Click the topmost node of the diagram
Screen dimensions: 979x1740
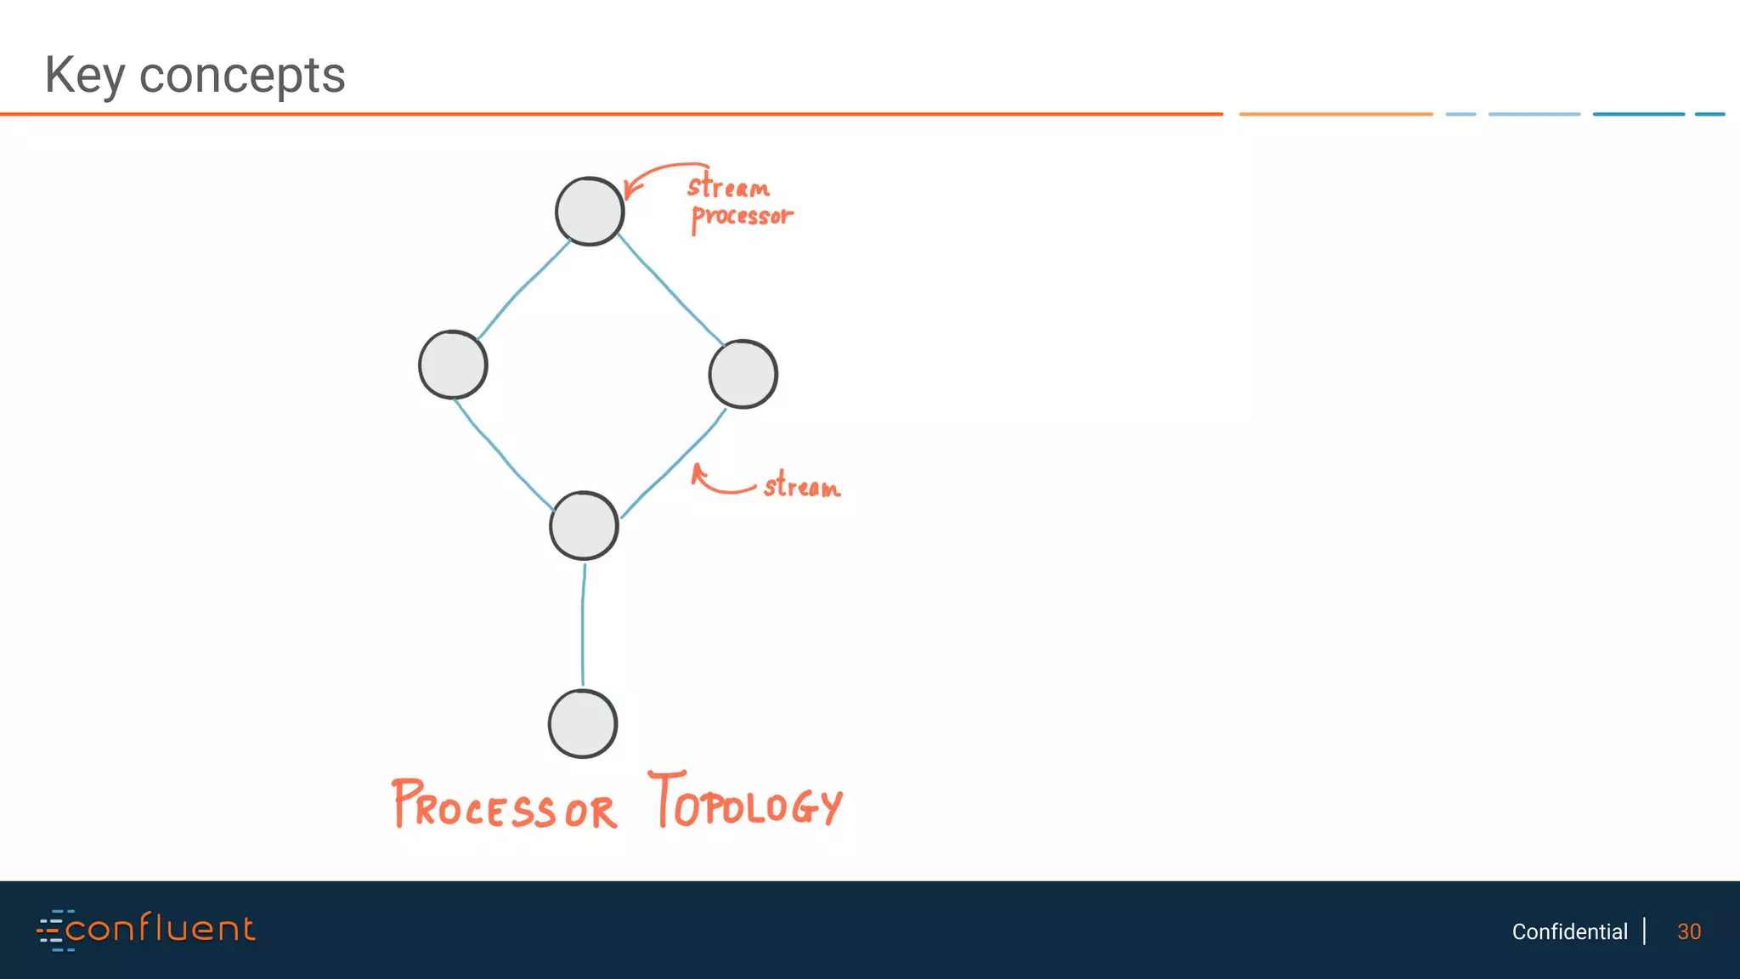[590, 212]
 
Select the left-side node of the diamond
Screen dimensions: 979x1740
[453, 365]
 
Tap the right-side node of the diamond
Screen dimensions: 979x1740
[743, 374]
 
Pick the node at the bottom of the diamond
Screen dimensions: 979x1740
[584, 525]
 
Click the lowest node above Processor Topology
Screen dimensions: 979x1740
[583, 724]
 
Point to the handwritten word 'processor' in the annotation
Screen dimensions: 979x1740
[742, 217]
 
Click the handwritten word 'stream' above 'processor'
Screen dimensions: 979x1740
[728, 186]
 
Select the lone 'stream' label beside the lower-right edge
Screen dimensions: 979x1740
[801, 486]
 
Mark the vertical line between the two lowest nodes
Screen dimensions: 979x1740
[583, 625]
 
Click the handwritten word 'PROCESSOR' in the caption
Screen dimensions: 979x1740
[504, 806]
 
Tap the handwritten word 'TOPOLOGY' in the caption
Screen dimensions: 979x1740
[745, 801]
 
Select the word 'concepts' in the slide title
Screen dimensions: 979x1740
[242, 76]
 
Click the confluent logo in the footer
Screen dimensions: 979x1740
[146, 930]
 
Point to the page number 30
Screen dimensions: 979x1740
[1688, 931]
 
